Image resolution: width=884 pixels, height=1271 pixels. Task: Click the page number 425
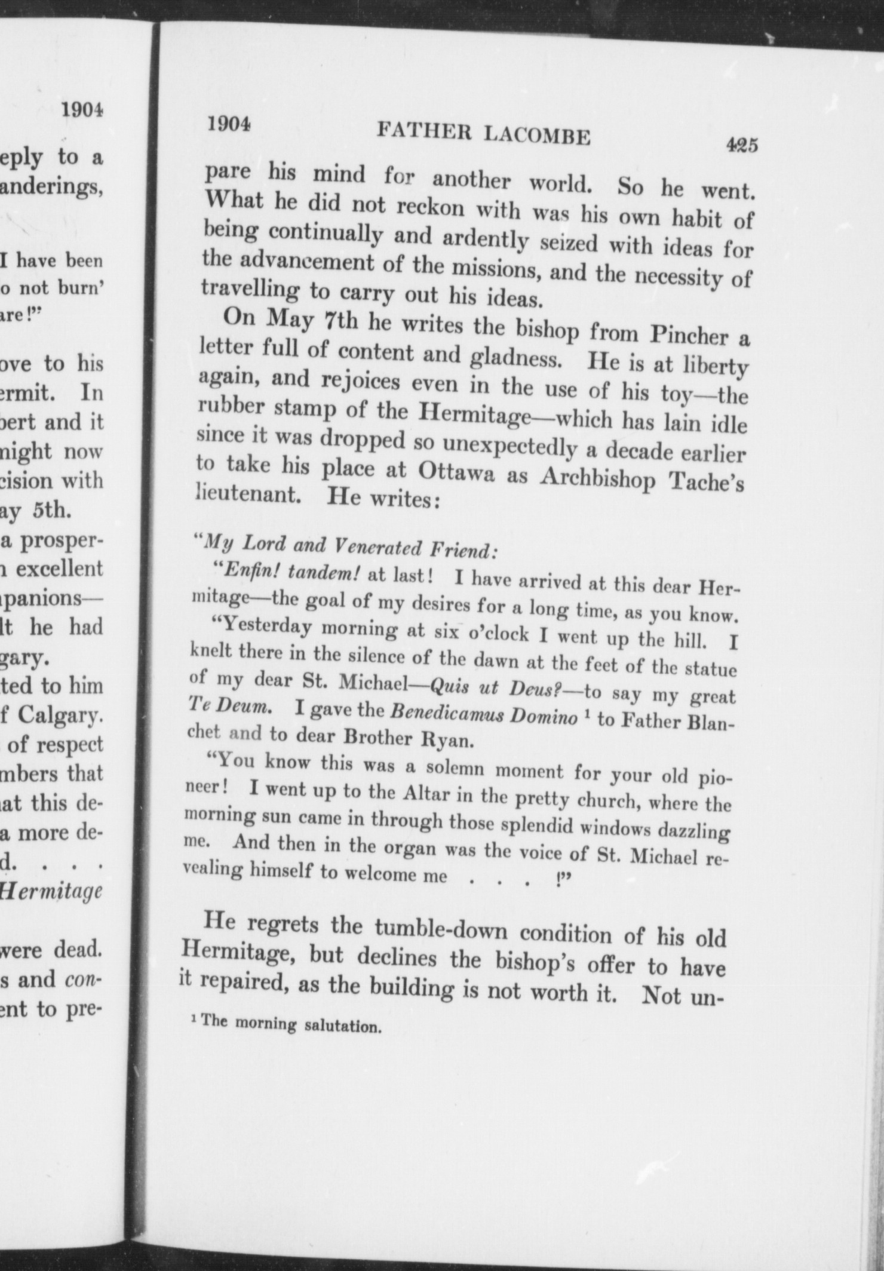(x=741, y=146)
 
